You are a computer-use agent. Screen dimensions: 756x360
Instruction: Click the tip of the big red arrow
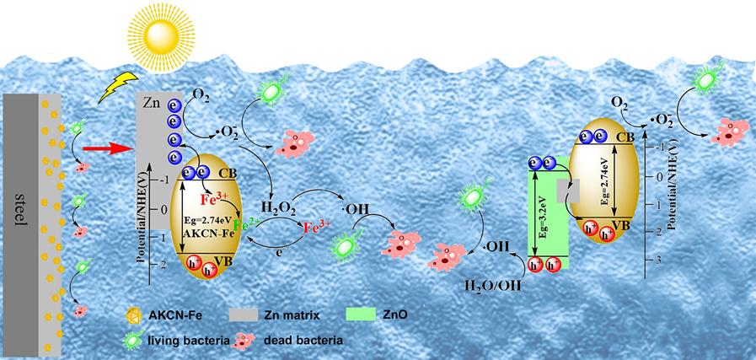click(132, 148)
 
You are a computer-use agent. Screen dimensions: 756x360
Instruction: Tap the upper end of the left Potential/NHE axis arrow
click(151, 164)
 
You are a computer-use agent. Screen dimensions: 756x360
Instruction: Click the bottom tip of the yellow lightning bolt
click(99, 103)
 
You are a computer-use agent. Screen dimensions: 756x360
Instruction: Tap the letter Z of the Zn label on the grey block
click(147, 102)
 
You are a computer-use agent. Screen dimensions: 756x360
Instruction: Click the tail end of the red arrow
click(84, 148)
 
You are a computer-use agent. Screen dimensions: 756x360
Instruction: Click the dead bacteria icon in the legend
click(245, 341)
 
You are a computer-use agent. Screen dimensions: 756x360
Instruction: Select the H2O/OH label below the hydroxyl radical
click(494, 285)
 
